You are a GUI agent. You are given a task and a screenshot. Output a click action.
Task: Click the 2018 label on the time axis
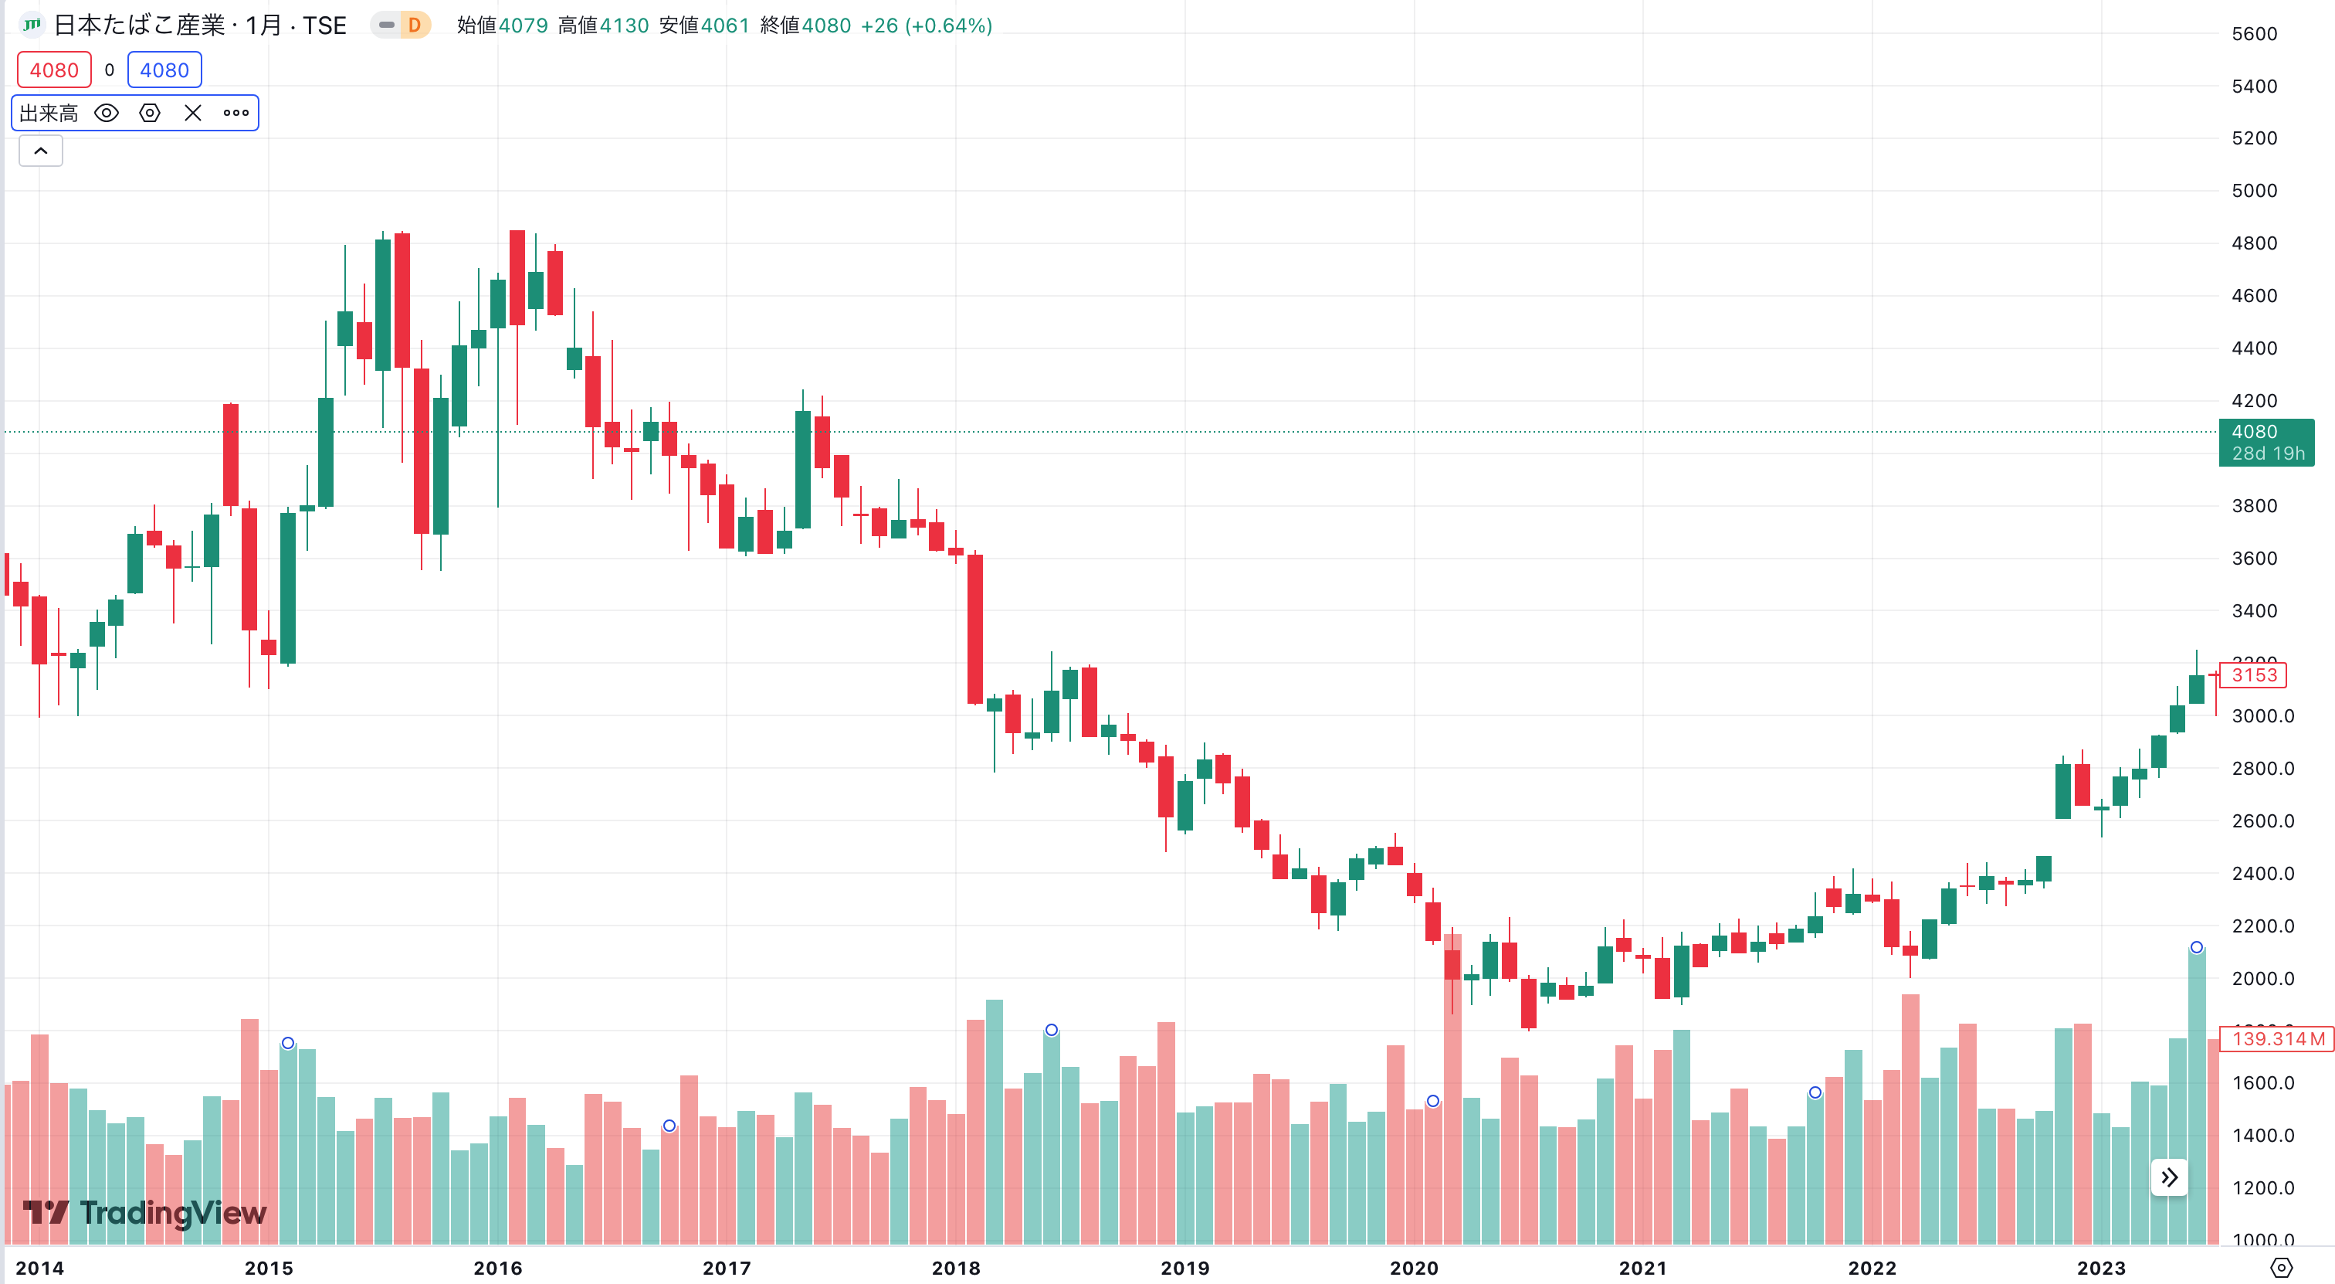(955, 1268)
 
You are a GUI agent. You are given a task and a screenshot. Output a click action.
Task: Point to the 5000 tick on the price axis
(2253, 190)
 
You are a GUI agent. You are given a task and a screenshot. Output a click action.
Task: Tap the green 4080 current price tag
(2266, 442)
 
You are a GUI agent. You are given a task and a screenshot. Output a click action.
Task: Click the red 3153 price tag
(2253, 674)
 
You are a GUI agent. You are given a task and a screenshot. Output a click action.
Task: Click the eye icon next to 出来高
(106, 114)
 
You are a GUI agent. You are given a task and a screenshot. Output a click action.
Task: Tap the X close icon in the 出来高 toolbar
(192, 114)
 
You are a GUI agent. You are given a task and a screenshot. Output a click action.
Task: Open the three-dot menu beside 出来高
(236, 114)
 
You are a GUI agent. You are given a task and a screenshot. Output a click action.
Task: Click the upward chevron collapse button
(41, 151)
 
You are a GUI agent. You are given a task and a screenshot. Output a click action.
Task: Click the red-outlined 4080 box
(54, 70)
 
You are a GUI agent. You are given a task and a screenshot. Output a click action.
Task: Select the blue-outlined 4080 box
(164, 70)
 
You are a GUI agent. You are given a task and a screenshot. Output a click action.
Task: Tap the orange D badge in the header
(414, 25)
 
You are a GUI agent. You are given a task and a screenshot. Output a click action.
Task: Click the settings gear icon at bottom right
(2281, 1268)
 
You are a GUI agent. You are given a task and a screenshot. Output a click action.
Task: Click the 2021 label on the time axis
(1642, 1268)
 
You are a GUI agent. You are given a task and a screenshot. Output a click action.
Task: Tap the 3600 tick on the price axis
(2253, 559)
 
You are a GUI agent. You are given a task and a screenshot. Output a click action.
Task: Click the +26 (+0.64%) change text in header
(926, 25)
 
